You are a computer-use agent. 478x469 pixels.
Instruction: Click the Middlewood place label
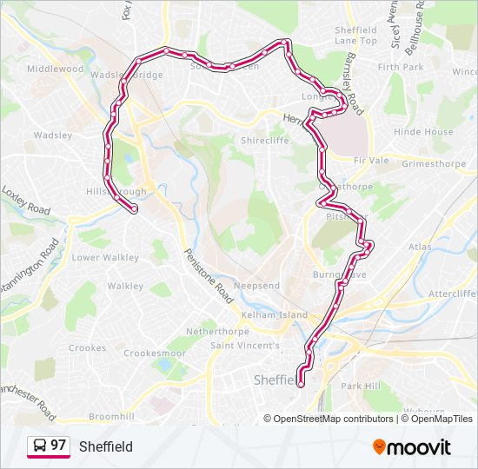point(54,69)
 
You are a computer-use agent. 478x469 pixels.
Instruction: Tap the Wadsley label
point(52,135)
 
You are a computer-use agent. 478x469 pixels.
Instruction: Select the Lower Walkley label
point(104,257)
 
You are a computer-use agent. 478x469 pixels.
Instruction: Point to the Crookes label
point(87,348)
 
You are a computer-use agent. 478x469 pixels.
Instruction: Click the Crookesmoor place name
point(155,353)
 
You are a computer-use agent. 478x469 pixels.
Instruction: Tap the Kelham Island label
point(276,314)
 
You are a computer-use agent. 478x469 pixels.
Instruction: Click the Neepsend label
point(256,286)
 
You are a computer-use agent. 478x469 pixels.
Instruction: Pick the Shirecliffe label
point(264,140)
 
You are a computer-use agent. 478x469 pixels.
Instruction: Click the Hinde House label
point(423,132)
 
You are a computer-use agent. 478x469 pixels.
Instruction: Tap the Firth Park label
point(401,67)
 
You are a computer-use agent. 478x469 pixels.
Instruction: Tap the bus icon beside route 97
point(40,446)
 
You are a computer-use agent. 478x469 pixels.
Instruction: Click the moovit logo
point(412,447)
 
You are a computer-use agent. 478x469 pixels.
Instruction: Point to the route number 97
point(58,446)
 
